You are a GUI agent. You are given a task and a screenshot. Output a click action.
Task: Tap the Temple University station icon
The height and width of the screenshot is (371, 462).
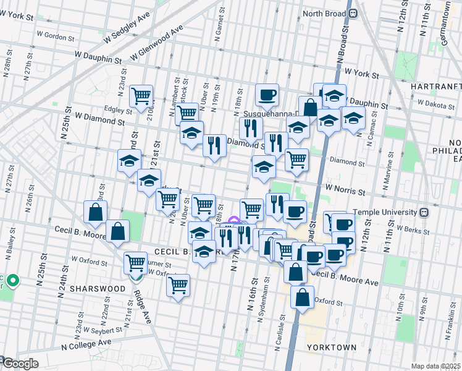click(424, 212)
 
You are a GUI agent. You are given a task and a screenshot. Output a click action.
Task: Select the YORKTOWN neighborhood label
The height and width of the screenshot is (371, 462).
click(332, 348)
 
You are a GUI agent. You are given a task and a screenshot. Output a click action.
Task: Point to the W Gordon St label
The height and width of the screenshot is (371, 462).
click(56, 36)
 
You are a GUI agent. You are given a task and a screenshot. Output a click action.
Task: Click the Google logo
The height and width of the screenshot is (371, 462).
click(20, 364)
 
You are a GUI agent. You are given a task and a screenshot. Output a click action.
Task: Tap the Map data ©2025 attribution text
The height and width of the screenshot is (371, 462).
click(435, 366)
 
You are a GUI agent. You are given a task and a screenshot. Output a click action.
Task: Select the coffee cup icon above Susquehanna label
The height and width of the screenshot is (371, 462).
click(267, 95)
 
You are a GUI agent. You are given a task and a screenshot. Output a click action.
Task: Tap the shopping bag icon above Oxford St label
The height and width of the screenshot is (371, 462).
click(302, 297)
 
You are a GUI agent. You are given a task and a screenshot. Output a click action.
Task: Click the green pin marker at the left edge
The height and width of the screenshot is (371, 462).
click(13, 282)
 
